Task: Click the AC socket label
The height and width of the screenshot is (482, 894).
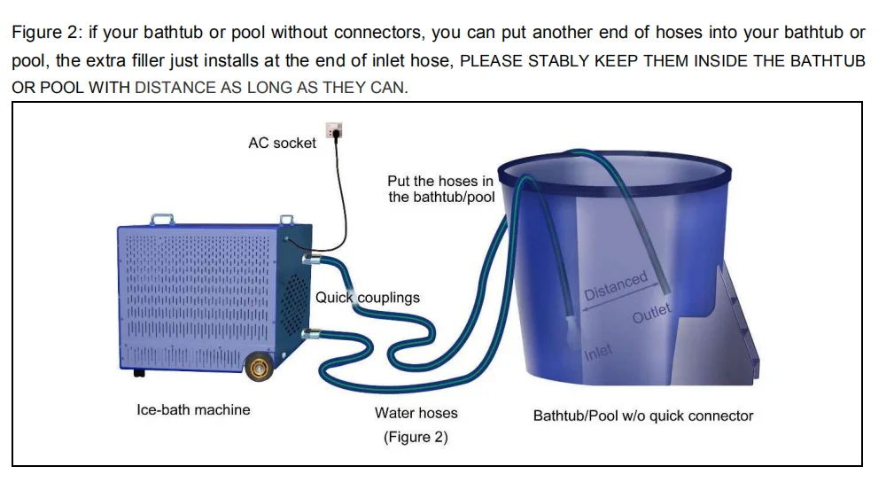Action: click(282, 143)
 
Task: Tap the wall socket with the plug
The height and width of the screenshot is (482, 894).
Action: click(334, 130)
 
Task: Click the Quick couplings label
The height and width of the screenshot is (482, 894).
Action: click(368, 297)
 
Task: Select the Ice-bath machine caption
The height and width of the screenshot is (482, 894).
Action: click(193, 409)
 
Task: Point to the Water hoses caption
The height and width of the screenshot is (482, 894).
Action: click(416, 413)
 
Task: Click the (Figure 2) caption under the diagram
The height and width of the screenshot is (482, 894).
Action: click(416, 437)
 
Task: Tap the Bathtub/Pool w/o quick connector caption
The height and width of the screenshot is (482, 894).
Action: click(643, 416)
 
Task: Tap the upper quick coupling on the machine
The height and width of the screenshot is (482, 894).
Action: click(309, 259)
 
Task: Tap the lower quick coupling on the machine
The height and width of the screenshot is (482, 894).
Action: click(309, 335)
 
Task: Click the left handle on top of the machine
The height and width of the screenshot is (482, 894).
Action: click(162, 217)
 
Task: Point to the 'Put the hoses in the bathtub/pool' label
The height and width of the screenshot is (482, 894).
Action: click(440, 189)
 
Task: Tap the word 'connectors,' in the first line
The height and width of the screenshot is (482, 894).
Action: click(387, 33)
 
